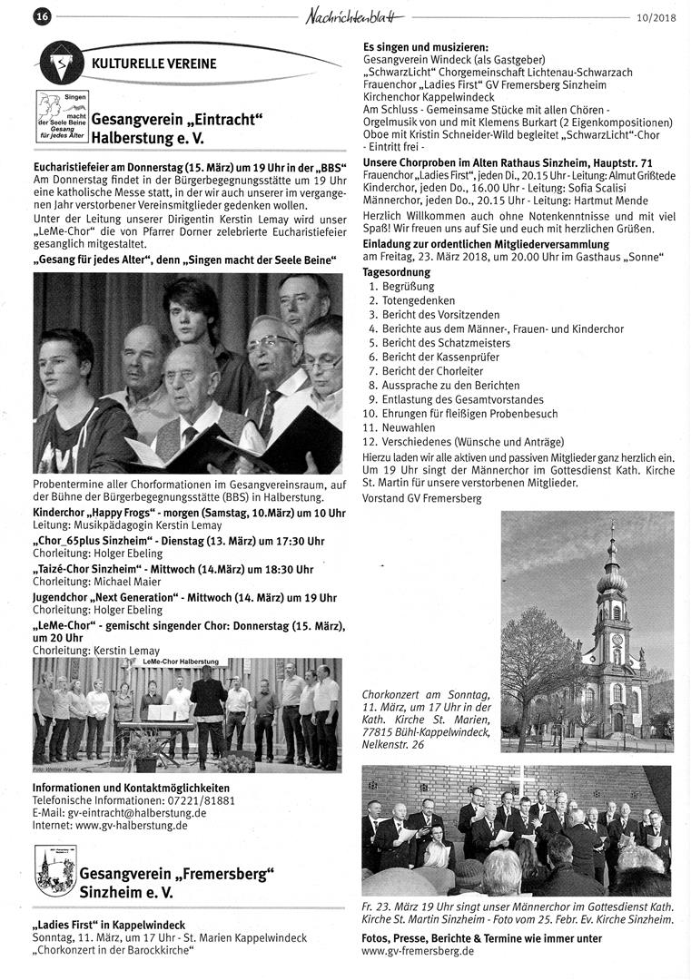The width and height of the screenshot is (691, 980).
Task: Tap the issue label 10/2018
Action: pyautogui.click(x=656, y=16)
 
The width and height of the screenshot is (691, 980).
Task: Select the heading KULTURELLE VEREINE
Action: pyautogui.click(x=153, y=64)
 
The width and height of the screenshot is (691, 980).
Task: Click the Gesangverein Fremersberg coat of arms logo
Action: pyautogui.click(x=54, y=871)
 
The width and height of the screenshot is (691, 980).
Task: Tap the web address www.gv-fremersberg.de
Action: pyautogui.click(x=418, y=951)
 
